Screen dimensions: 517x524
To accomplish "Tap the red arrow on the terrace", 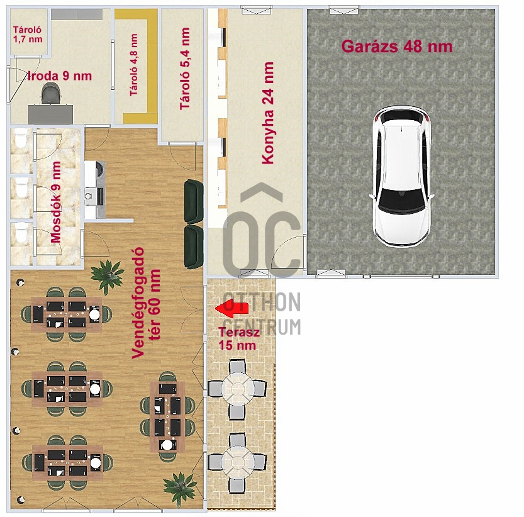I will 231,308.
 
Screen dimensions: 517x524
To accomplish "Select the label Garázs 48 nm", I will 396,46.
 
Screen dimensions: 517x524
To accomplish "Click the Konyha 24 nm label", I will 269,113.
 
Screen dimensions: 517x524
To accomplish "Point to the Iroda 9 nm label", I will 60,76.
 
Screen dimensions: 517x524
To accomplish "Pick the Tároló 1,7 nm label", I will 28,34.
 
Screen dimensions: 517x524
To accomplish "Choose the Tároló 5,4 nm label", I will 185,69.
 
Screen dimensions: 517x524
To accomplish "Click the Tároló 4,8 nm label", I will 133,65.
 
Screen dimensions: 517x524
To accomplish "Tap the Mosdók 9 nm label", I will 56,203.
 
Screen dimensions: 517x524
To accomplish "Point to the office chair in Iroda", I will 51,95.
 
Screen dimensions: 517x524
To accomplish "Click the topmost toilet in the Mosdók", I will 21,140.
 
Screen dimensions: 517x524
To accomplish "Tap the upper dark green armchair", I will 193,201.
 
